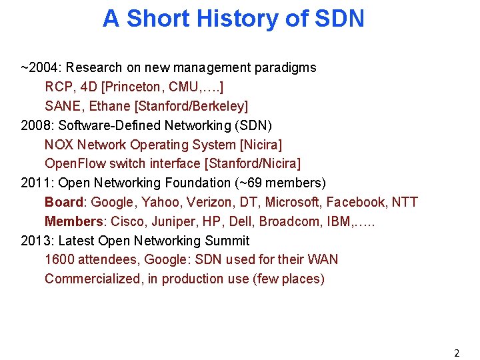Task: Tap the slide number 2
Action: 457,353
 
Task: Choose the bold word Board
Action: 64,202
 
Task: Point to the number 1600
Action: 58,259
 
